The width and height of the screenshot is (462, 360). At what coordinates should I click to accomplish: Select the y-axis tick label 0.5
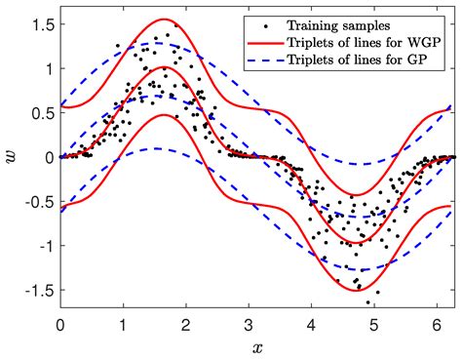[40, 113]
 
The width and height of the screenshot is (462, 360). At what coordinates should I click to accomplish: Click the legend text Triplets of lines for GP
[352, 60]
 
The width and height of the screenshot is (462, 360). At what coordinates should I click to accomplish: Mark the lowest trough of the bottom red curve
[355, 290]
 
